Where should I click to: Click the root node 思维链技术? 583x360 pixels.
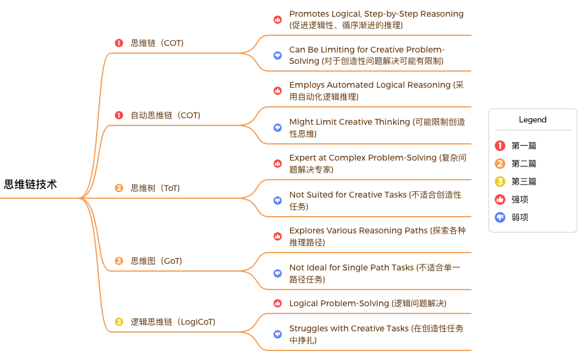30,184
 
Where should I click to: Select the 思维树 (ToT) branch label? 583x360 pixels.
155,188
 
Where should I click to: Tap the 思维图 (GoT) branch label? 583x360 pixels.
156,261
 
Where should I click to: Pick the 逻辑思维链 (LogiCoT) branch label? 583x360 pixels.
173,322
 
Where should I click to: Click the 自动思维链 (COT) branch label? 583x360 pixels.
165,115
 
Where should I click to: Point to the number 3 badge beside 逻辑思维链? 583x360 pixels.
119,322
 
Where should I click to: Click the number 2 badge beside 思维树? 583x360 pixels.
119,188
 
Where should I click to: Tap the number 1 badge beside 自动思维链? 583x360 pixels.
119,115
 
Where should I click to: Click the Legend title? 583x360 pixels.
532,119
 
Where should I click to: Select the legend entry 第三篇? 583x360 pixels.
524,181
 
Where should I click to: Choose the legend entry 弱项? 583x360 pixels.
520,217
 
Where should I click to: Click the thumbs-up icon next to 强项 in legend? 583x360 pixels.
501,199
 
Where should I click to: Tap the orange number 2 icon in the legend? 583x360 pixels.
501,164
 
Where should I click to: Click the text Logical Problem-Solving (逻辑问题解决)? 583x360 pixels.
367,303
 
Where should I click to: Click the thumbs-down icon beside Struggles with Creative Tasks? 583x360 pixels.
277,334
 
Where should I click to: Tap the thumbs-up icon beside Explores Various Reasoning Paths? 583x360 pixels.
277,236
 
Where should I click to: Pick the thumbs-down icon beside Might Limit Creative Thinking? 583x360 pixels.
277,128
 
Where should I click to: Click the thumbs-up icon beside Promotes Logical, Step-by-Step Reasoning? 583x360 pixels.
277,19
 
